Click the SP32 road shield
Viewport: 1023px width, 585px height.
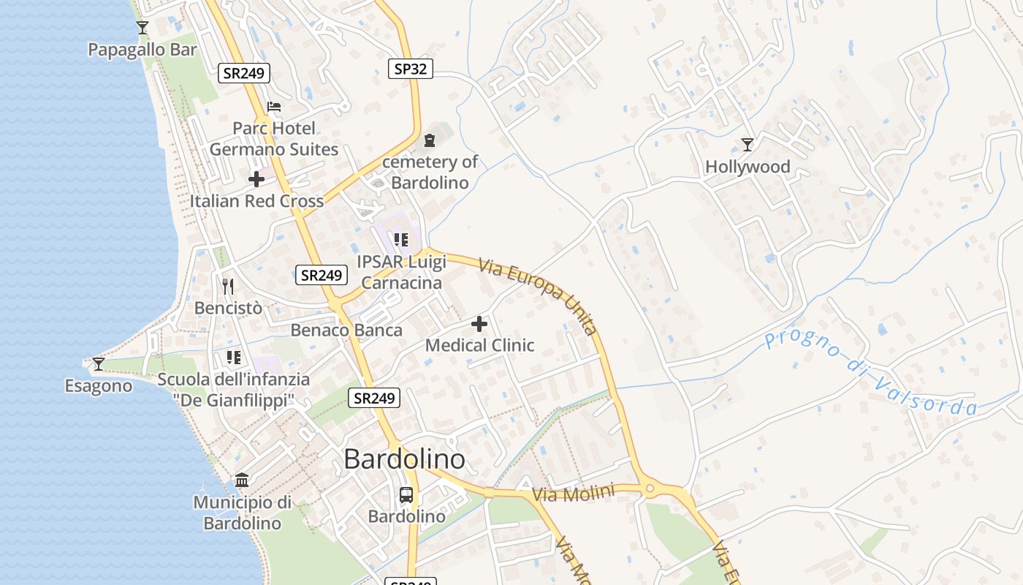(x=410, y=69)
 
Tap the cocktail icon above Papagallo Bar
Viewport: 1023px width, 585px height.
(x=142, y=28)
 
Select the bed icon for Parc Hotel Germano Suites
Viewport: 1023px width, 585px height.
(x=274, y=107)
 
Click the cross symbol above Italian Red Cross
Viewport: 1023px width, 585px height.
(x=256, y=178)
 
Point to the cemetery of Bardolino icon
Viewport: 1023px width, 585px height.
(x=430, y=140)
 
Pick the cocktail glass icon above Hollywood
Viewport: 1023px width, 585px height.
(x=748, y=144)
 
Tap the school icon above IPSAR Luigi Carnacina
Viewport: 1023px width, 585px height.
(x=400, y=239)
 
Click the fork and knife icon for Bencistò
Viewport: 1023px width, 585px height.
(x=228, y=286)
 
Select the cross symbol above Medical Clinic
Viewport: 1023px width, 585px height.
(x=479, y=323)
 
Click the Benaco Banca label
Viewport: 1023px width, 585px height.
(x=346, y=330)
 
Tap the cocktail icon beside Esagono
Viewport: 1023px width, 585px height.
(x=98, y=363)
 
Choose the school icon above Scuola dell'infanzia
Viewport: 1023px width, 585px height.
(x=234, y=358)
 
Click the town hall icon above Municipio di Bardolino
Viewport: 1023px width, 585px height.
(x=242, y=480)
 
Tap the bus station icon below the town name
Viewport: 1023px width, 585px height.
(x=406, y=495)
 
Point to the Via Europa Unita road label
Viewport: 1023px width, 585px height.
(x=539, y=295)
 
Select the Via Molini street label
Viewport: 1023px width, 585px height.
(x=573, y=494)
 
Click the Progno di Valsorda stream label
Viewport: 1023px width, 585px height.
(x=870, y=374)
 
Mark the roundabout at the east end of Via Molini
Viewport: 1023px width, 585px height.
(x=650, y=488)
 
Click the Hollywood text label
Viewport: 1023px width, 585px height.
(x=748, y=167)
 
